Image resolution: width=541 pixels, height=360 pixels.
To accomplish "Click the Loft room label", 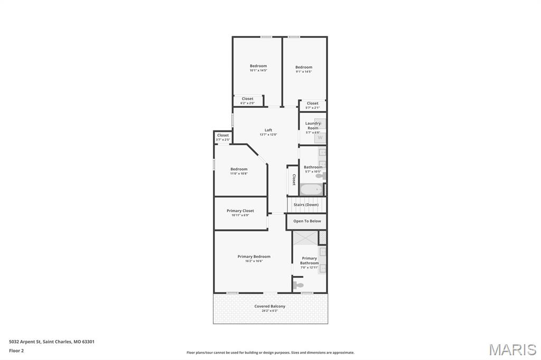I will pyautogui.click(x=268, y=130).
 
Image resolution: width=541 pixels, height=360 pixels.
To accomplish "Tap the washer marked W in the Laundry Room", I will pyautogui.click(x=320, y=137).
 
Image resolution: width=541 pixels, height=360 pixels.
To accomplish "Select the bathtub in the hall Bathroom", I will pyautogui.click(x=311, y=189).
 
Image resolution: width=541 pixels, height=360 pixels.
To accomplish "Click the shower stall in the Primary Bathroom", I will pyautogui.click(x=305, y=238).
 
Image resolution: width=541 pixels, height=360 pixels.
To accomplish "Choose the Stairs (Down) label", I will pyautogui.click(x=306, y=204).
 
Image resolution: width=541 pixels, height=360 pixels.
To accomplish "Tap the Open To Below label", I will pyautogui.click(x=307, y=221).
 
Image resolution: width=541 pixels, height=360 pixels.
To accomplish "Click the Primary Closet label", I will pyautogui.click(x=240, y=211).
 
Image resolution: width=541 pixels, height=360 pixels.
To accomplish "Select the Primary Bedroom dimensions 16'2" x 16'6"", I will pyautogui.click(x=254, y=261).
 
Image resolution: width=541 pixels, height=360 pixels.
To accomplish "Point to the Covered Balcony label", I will pyautogui.click(x=269, y=306).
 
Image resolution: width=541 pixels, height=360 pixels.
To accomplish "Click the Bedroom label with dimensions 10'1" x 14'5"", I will pyautogui.click(x=258, y=66).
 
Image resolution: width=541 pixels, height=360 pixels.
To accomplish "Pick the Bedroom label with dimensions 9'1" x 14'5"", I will pyautogui.click(x=304, y=67).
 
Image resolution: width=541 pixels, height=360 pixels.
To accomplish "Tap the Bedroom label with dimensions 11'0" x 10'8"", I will pyautogui.click(x=239, y=169).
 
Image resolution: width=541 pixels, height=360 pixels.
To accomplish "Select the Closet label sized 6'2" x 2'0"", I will pyautogui.click(x=247, y=99).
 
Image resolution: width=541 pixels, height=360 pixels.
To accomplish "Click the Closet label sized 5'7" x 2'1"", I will pyautogui.click(x=313, y=103).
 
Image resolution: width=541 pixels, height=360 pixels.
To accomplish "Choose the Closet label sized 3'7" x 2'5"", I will pyautogui.click(x=223, y=135).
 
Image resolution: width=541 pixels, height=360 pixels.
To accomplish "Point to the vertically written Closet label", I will pyautogui.click(x=294, y=180).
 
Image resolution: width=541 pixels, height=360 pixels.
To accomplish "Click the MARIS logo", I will pyautogui.click(x=512, y=349).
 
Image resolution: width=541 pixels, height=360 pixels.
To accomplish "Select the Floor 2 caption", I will pyautogui.click(x=16, y=350).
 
